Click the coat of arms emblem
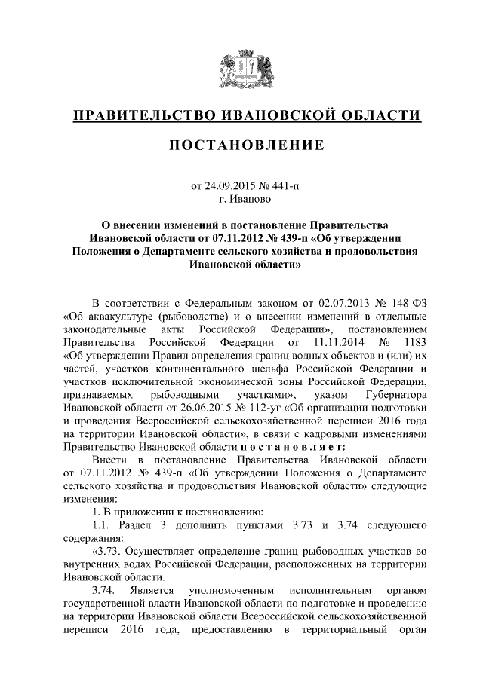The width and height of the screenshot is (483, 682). (241, 69)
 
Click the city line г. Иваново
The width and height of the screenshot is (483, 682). (241, 200)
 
